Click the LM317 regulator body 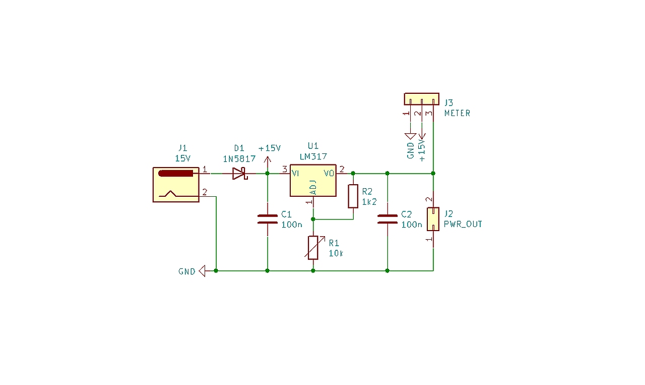313,181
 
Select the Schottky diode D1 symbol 239,174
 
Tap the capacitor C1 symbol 267,219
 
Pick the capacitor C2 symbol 387,219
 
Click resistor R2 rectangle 353,196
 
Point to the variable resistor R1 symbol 313,247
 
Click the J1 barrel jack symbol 176,185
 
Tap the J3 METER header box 421,99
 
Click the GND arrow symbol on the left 202,271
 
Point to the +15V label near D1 269,148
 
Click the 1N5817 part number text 239,158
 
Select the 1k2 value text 369,202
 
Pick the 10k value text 336,253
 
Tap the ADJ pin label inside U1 313,187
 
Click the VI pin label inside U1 295,174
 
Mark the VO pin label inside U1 329,174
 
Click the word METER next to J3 457,114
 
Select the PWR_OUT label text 463,224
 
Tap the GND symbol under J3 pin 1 410,136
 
